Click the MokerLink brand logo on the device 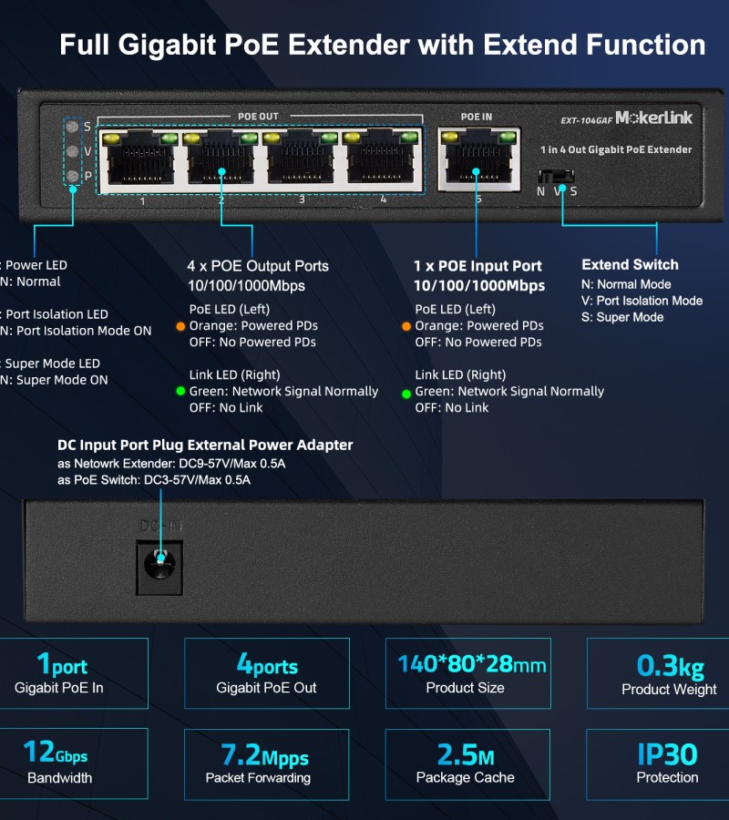653,118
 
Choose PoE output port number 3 301,160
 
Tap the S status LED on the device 73,127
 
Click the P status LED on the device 73,175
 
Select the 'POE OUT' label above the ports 258,117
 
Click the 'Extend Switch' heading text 630,265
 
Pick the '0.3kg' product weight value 669,666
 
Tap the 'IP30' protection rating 667,754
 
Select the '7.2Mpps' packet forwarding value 264,756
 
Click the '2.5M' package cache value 465,755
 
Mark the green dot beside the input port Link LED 406,395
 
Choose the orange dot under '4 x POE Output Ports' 180,326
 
